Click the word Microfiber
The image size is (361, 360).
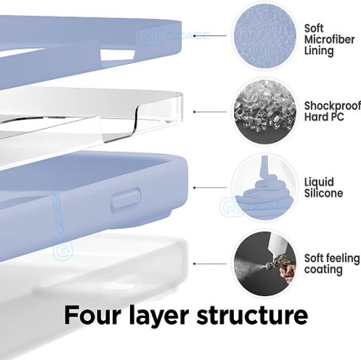[329, 40]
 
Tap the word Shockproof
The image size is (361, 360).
[332, 107]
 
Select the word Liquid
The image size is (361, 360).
[319, 183]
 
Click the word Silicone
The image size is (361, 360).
[323, 193]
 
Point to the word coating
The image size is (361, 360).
[323, 270]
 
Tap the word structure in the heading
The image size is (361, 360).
[252, 315]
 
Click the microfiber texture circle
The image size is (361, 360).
[265, 35]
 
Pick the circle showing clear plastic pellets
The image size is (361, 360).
[265, 111]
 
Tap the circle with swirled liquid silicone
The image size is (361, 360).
[265, 188]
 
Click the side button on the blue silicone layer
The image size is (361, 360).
[126, 198]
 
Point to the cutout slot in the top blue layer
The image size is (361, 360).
[118, 55]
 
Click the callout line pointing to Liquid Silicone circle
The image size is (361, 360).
[210, 188]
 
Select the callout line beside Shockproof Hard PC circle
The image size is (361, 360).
[210, 112]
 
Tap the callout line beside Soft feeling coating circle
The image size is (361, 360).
[210, 264]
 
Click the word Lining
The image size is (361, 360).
[319, 51]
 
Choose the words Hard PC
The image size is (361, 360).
[324, 117]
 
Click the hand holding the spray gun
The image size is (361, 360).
[287, 271]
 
